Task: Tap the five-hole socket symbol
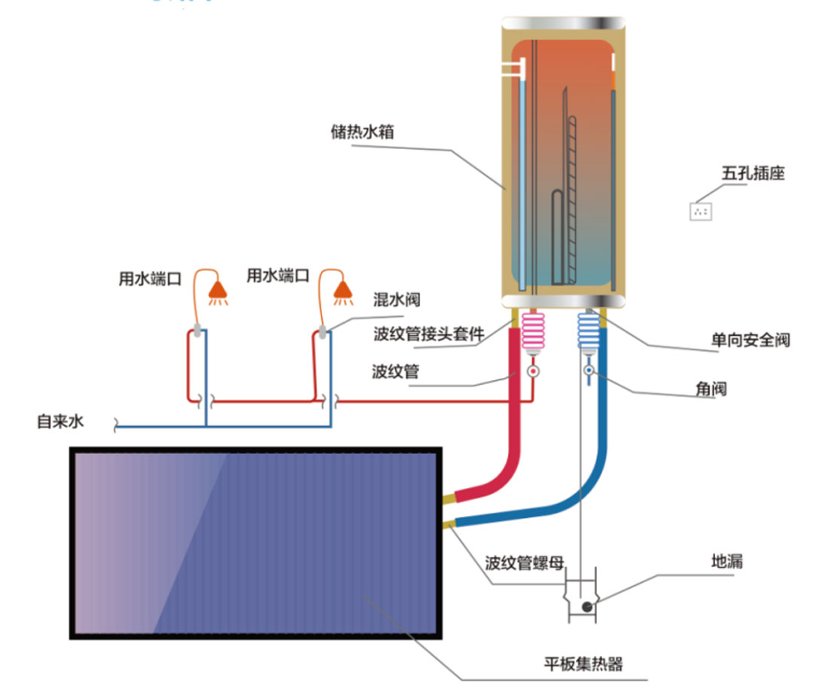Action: pos(701,211)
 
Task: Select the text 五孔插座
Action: pos(753,173)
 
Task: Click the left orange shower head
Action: pos(218,289)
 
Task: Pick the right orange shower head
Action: pos(344,289)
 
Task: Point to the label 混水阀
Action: pos(397,300)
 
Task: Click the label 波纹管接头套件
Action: pos(428,334)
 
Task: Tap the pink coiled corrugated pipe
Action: pos(533,331)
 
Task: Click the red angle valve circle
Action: pos(533,371)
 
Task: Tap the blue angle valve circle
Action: pos(588,370)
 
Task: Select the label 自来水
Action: pos(60,422)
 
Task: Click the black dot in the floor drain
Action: pos(586,606)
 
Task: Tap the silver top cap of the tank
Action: pos(562,22)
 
